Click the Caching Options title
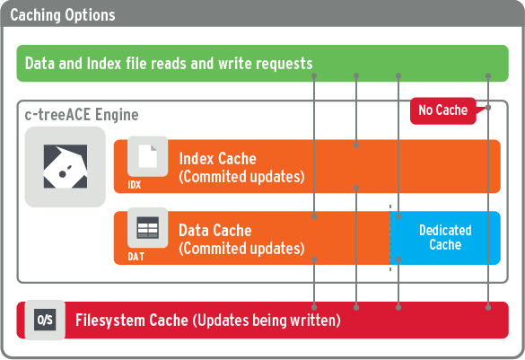coord(63,15)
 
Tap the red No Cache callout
coord(443,110)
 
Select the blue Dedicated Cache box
coord(445,238)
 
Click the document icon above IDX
coord(148,156)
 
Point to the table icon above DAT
coord(148,228)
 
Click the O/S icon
coord(45,320)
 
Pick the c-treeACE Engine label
coord(82,115)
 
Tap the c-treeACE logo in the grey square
coord(66,166)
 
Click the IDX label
coord(135,185)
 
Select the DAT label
coord(136,257)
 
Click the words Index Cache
coord(218,158)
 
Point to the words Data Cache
coord(215,231)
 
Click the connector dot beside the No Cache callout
coord(488,108)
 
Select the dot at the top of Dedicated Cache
coord(398,216)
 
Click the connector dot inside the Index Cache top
coord(356,145)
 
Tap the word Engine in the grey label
coord(117,115)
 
